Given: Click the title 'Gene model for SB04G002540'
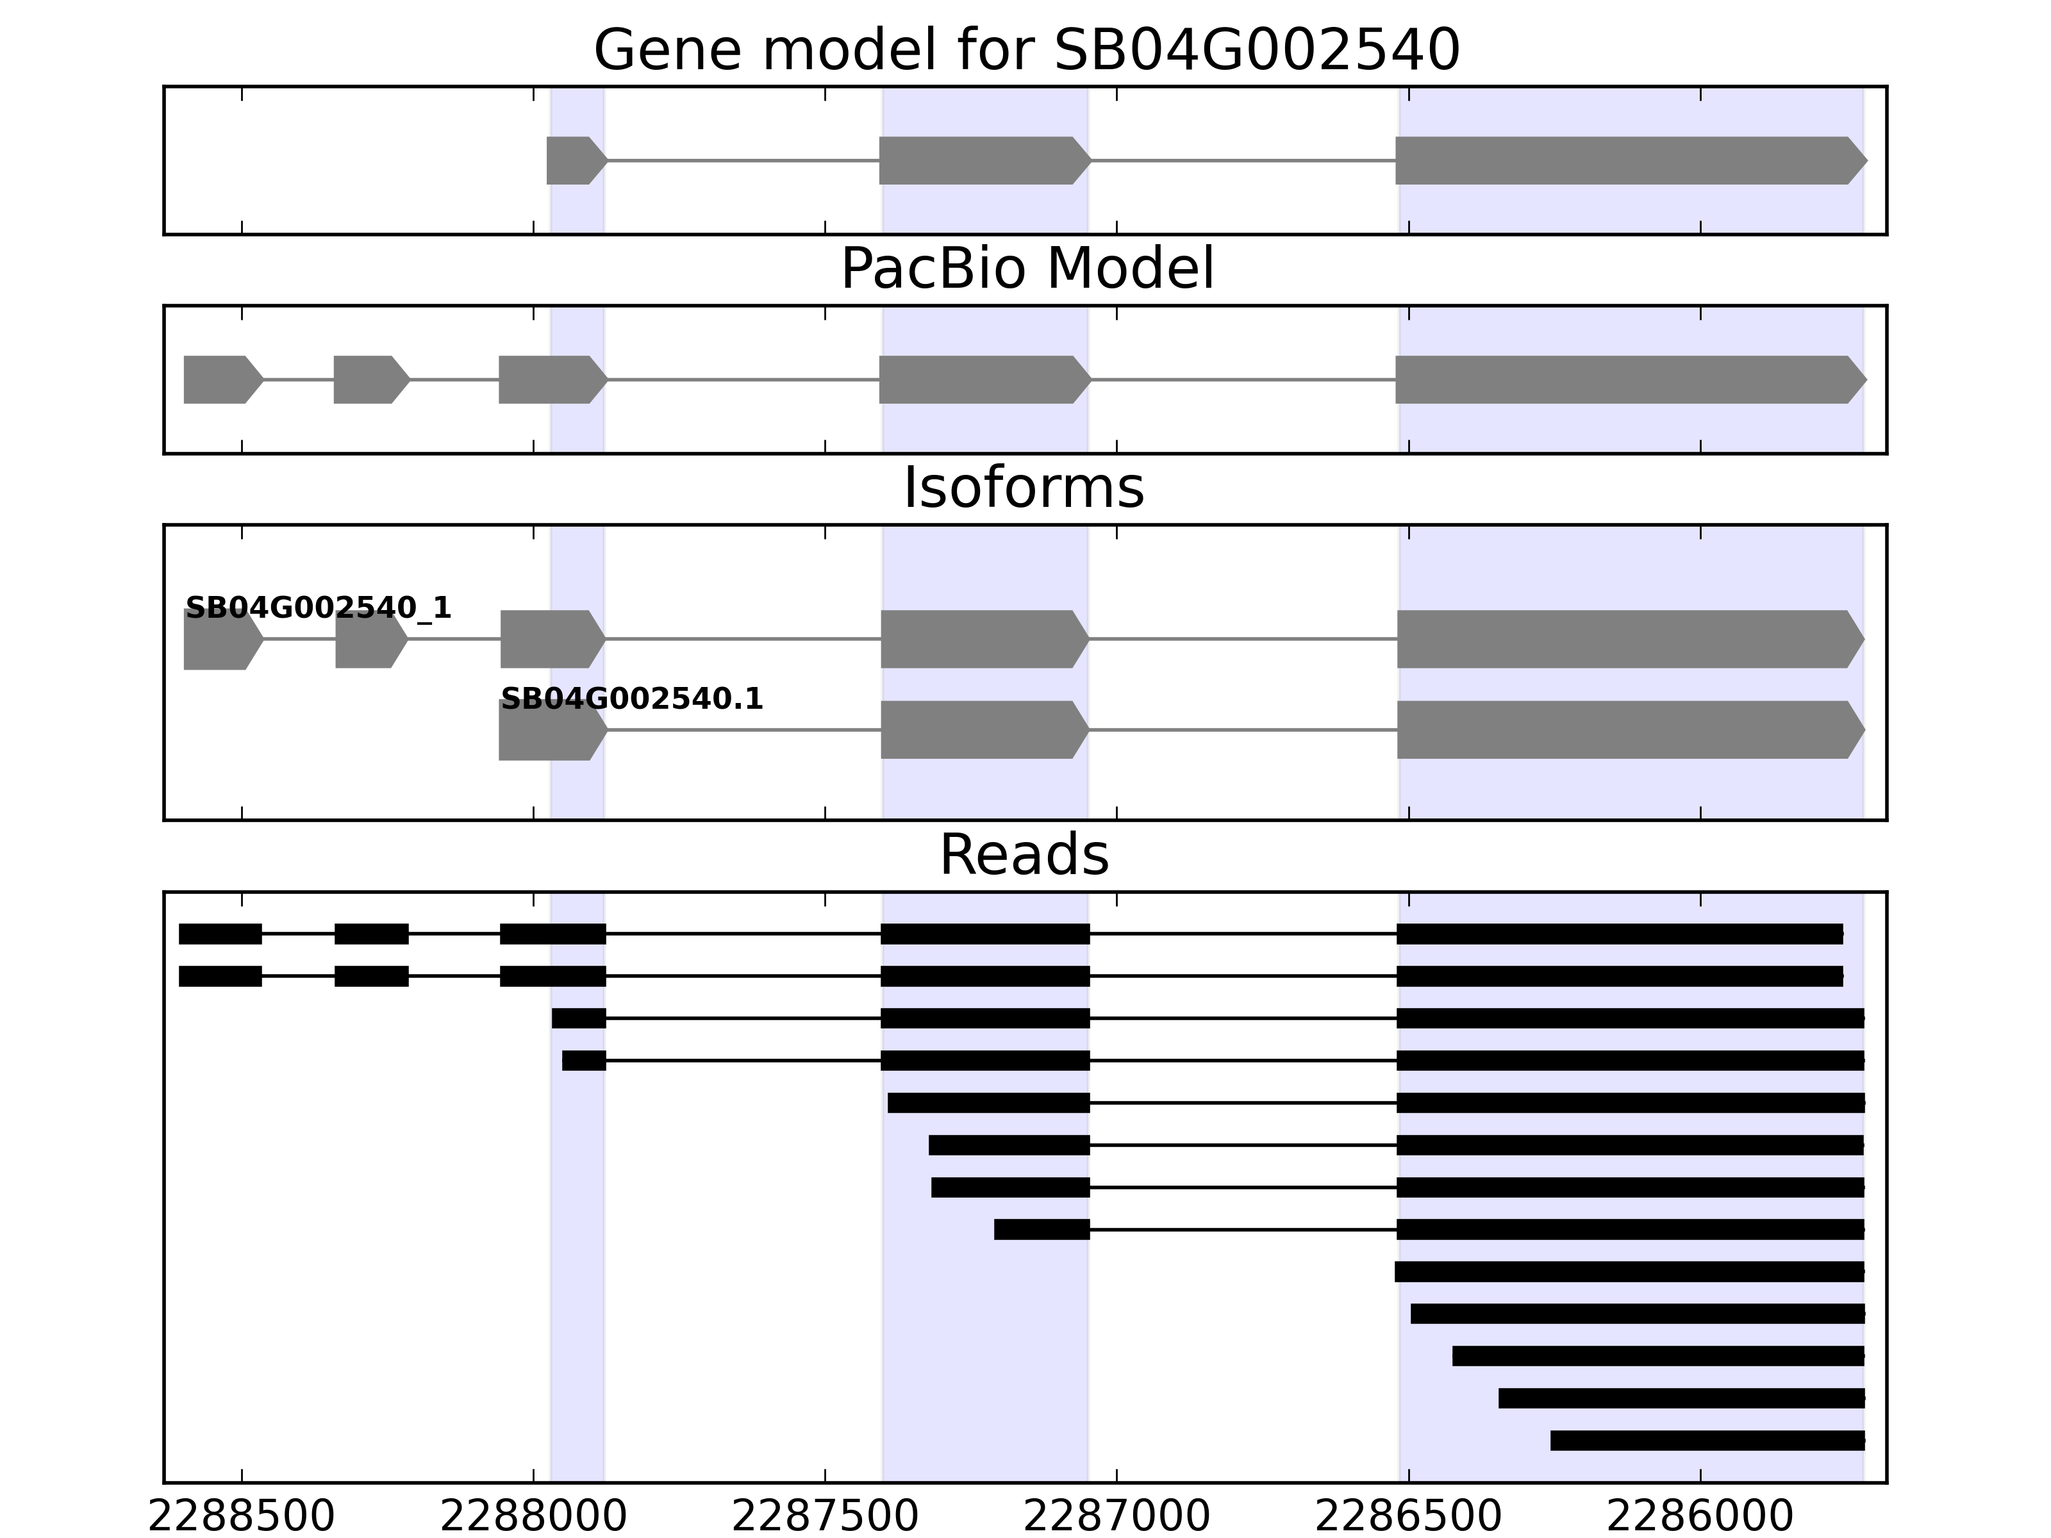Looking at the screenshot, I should click(1026, 50).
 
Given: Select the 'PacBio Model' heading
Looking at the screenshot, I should click(1026, 269).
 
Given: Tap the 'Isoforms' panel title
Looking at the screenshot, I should click(1024, 488).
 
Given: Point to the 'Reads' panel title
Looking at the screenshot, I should click(1024, 855).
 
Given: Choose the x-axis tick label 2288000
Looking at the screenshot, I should click(533, 1517).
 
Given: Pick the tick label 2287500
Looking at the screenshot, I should click(826, 1517).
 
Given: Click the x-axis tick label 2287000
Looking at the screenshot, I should click(1117, 1517).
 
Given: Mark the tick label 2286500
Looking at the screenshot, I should click(1408, 1517).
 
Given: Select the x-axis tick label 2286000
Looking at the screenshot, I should click(1700, 1517).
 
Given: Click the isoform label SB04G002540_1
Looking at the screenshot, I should click(318, 608).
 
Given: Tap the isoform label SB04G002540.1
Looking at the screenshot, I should click(631, 699).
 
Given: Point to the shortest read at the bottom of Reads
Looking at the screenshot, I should click(1707, 1440).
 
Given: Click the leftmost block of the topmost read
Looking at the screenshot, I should click(220, 934).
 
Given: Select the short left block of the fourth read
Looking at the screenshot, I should click(584, 1061).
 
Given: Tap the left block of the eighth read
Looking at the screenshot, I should click(1042, 1229).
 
